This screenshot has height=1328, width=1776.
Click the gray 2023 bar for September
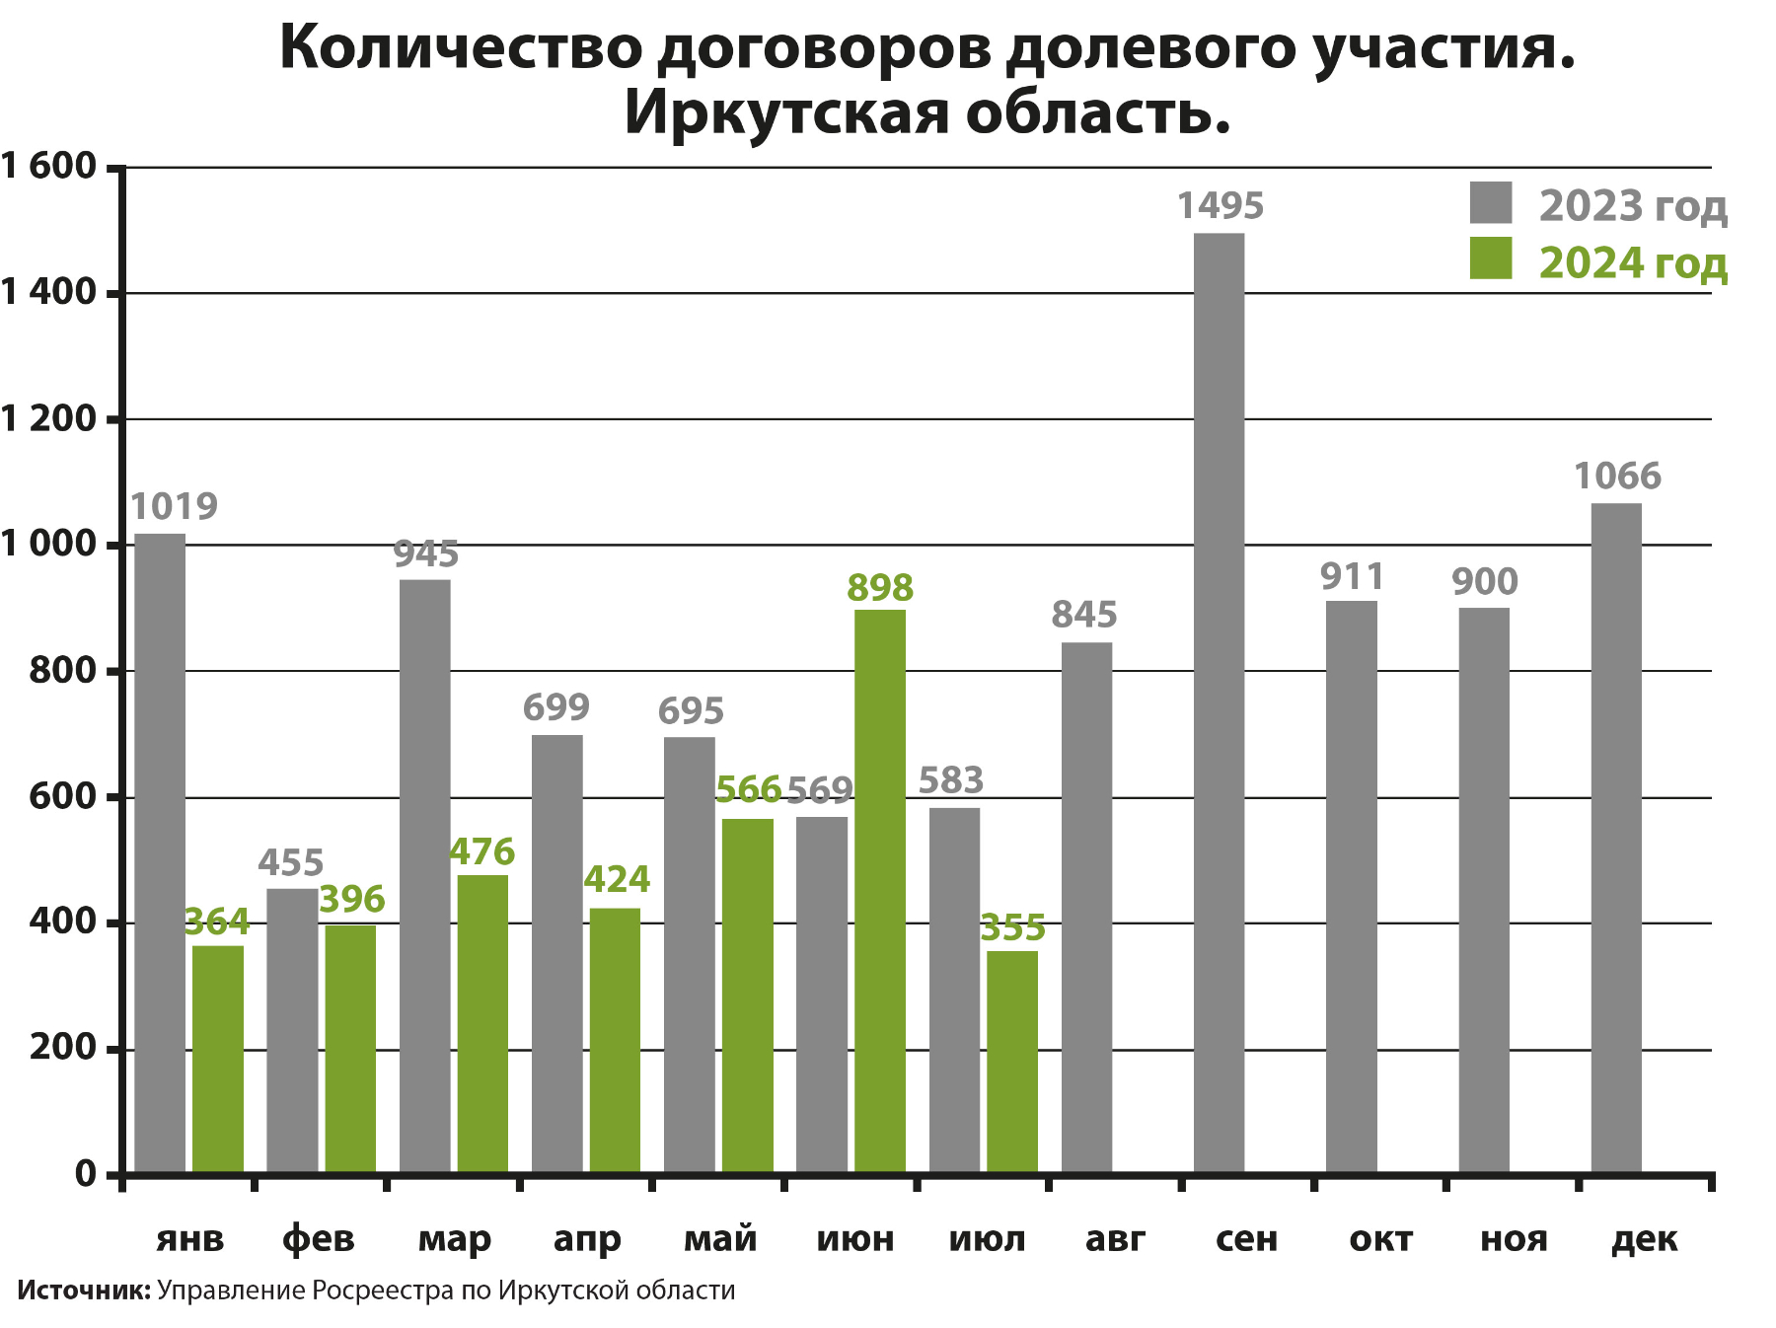pyautogui.click(x=1219, y=702)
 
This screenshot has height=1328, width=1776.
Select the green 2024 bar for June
pyautogui.click(x=879, y=891)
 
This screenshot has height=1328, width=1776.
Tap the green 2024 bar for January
pyautogui.click(x=218, y=1059)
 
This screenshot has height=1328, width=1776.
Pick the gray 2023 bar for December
pyautogui.click(x=1616, y=838)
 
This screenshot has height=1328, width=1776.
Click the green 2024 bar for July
pyautogui.click(x=1012, y=1062)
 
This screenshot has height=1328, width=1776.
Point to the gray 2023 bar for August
pyautogui.click(x=1086, y=908)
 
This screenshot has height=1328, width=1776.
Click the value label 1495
pyautogui.click(x=1220, y=206)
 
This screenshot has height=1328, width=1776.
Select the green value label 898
pyautogui.click(x=880, y=588)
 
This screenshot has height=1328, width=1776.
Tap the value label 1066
pyautogui.click(x=1617, y=477)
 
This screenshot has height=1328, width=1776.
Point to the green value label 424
pyautogui.click(x=617, y=879)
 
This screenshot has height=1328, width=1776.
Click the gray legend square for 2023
pyautogui.click(x=1490, y=202)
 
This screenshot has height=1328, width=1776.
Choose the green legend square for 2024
pyautogui.click(x=1490, y=258)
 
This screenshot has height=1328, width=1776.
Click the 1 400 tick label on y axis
pyautogui.click(x=49, y=292)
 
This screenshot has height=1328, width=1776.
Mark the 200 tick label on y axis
pyautogui.click(x=63, y=1048)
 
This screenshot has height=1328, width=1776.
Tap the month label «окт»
pyautogui.click(x=1380, y=1239)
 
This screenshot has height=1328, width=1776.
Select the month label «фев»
pyautogui.click(x=318, y=1239)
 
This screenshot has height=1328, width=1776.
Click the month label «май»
pyautogui.click(x=720, y=1239)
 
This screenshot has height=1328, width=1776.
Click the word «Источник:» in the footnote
pyautogui.click(x=83, y=1291)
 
